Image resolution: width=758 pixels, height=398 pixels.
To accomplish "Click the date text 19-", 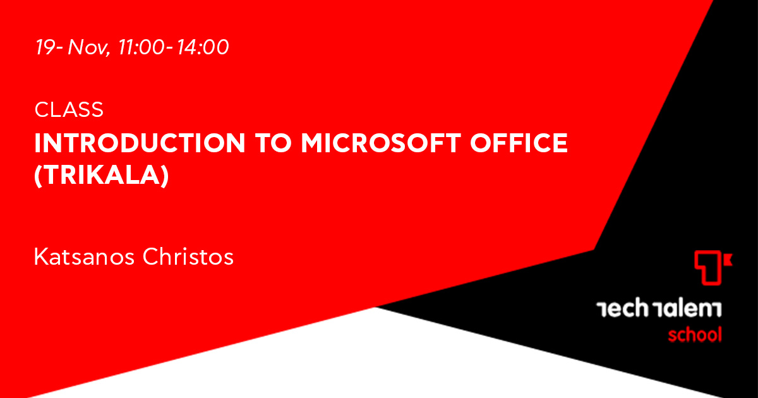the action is [x=49, y=47].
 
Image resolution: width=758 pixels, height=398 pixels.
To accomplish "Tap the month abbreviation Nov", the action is [x=87, y=47].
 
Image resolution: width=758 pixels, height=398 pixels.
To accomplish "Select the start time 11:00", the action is [x=141, y=47].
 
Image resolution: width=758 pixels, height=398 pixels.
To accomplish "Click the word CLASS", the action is [x=69, y=110].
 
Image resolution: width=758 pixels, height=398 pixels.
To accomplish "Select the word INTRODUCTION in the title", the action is [x=140, y=143].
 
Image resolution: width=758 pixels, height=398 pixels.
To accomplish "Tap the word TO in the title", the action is [x=274, y=143].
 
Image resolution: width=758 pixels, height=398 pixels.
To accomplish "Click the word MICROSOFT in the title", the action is [x=381, y=143].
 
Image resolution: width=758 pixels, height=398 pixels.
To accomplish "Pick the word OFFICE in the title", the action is [x=519, y=143].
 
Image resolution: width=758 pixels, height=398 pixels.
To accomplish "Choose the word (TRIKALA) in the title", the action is [x=102, y=176].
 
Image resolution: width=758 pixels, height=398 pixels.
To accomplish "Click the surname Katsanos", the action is [x=84, y=256].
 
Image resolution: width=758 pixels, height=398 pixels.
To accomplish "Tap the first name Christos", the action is [x=188, y=256].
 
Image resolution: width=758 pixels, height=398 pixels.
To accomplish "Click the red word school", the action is [x=695, y=334].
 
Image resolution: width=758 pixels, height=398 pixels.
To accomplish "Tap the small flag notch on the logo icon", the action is [x=728, y=260].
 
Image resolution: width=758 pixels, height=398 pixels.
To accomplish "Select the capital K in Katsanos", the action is [x=41, y=256].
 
